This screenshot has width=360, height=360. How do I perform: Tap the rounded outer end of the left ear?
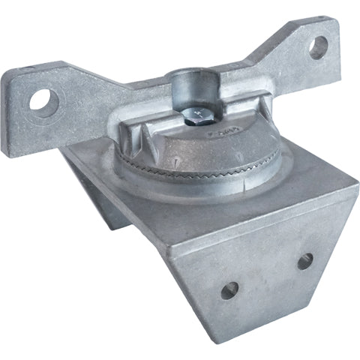[x=21, y=101]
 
